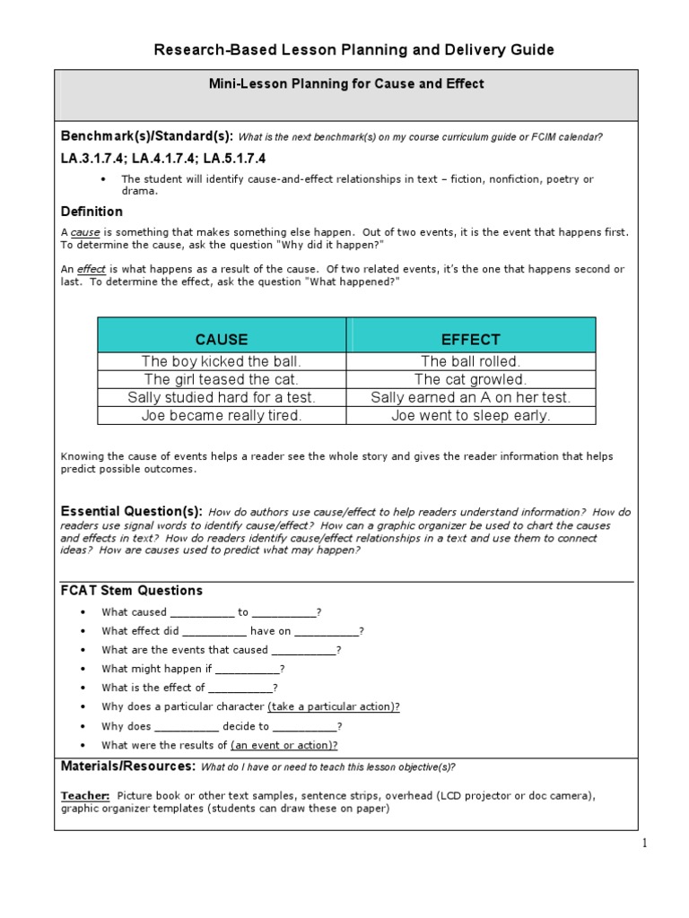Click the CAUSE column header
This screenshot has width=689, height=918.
pos(222,339)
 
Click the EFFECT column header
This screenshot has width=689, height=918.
pos(471,339)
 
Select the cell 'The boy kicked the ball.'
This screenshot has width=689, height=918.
pos(222,361)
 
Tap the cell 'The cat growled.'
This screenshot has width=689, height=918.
pos(471,379)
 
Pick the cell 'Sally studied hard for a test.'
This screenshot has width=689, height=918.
pos(222,397)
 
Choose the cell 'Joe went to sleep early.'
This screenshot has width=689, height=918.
pos(471,415)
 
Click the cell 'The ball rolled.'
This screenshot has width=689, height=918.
pos(471,361)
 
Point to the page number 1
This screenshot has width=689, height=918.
pos(643,843)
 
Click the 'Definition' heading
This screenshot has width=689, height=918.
pos(92,212)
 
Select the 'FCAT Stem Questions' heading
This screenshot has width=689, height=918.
pos(131,590)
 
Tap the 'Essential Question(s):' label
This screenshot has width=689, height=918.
pos(131,510)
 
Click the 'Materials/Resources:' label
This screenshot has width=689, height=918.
pos(127,766)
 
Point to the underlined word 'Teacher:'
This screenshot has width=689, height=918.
pos(85,795)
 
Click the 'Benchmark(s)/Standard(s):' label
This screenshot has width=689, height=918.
pos(146,136)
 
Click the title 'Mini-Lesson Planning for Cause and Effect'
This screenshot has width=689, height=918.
pos(346,83)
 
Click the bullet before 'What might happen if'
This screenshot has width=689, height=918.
pos(83,669)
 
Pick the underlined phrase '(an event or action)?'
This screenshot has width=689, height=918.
pos(284,745)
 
